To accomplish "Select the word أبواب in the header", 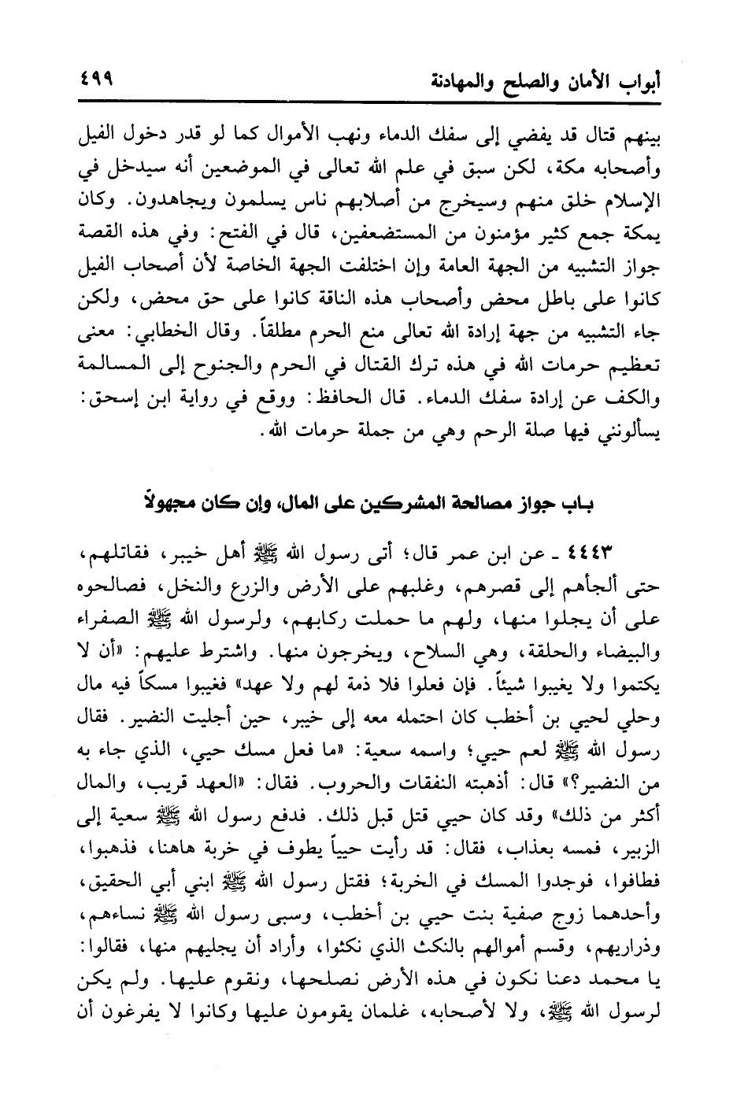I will point(639,82).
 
